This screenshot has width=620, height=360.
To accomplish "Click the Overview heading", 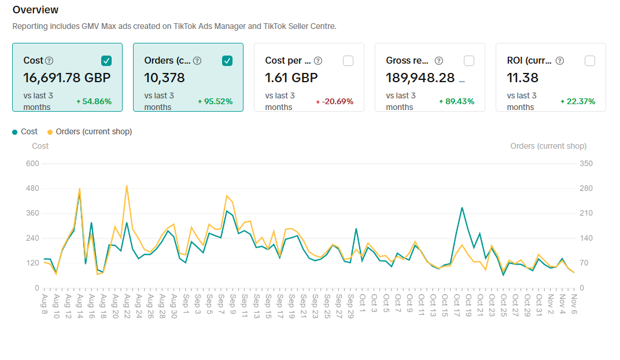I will pos(35,10).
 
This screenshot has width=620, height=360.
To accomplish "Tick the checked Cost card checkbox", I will pos(106,61).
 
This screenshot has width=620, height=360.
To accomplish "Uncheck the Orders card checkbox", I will pos(227,61).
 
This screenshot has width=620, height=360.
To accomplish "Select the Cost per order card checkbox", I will pos(348,61).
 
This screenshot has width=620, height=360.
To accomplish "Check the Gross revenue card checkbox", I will pos(469,61).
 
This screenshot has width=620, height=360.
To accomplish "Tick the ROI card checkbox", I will pos(590,61).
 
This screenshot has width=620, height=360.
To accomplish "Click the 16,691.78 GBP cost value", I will pos(67,78).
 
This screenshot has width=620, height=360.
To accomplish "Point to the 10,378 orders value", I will pos(165,78).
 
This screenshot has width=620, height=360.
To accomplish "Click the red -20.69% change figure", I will pos(335,102).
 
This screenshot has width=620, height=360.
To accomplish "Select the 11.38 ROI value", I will pos(523,78).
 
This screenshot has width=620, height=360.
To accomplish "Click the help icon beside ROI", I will pos(560,61).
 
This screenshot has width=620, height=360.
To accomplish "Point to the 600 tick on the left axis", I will pos(32,164).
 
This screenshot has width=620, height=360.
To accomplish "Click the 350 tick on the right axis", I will pos(586,164).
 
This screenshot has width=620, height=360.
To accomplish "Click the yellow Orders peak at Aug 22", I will pos(127,186).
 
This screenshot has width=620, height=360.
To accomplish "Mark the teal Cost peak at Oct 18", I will pos(462,207).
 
